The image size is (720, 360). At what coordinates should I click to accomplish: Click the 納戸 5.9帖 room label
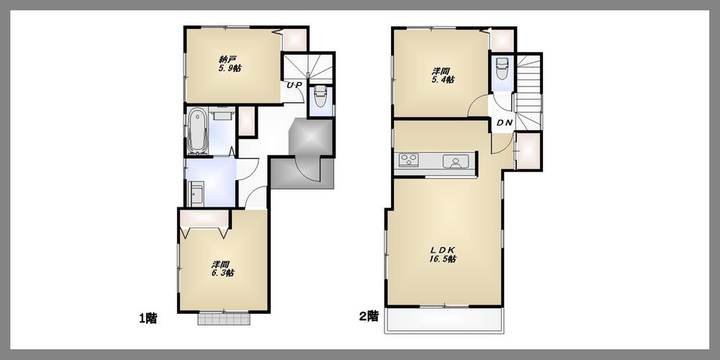click(230, 64)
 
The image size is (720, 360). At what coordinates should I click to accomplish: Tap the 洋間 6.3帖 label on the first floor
click(223, 268)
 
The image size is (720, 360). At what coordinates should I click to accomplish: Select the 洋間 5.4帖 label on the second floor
click(442, 76)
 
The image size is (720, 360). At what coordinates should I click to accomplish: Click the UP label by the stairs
click(294, 85)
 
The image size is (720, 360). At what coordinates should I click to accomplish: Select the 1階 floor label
click(148, 317)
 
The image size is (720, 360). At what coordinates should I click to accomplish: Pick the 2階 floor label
click(369, 317)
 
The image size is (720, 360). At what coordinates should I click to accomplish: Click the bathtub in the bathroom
click(197, 132)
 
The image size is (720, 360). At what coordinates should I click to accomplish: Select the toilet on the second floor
click(503, 70)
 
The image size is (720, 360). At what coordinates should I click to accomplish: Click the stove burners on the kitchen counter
click(409, 161)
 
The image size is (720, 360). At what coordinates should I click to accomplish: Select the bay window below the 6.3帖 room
click(224, 319)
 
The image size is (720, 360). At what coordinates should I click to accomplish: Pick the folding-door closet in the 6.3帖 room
click(205, 217)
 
